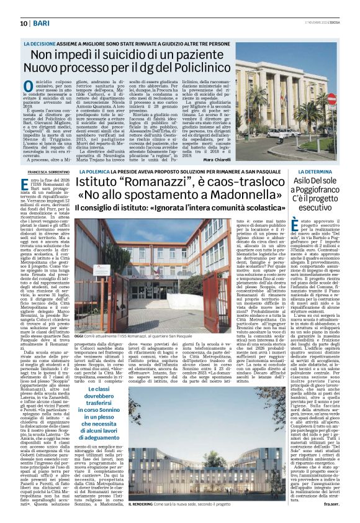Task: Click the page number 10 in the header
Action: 14,22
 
